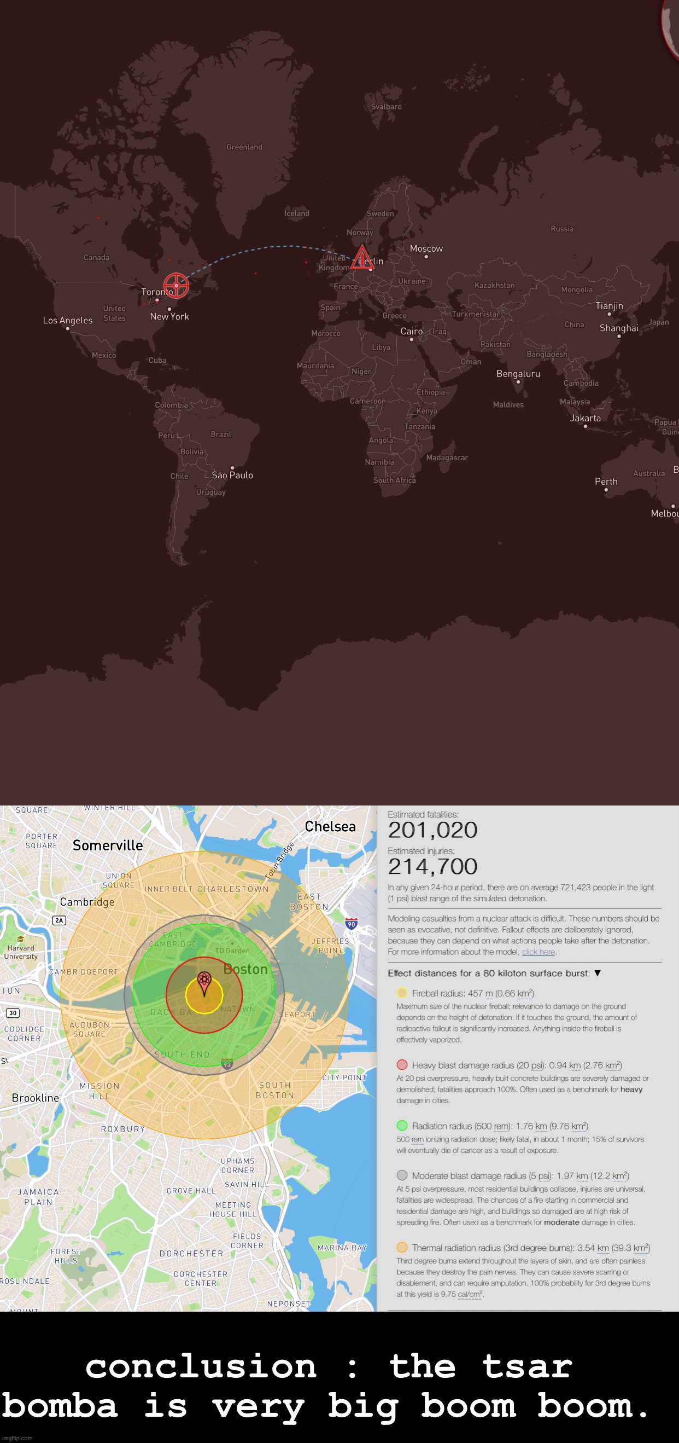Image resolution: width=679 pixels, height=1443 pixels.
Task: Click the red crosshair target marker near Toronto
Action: (x=176, y=286)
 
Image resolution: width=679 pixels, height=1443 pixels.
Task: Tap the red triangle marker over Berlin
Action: (x=362, y=258)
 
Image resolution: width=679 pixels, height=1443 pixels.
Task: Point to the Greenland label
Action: (x=244, y=147)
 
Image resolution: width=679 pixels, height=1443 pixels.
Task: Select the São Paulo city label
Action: (x=232, y=475)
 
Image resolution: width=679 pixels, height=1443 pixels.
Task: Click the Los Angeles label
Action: (x=68, y=321)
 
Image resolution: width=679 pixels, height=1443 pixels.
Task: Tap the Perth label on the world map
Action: (x=606, y=482)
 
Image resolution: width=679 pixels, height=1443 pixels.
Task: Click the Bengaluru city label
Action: (x=518, y=374)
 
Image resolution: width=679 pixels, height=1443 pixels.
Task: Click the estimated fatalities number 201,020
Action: (x=432, y=830)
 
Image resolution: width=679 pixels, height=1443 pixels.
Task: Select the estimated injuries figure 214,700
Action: (x=432, y=867)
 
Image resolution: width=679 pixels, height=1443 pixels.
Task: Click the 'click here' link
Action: (x=538, y=952)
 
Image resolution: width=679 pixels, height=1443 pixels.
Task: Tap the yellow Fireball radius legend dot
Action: (x=401, y=993)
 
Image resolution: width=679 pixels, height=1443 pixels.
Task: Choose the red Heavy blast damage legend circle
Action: (x=401, y=1065)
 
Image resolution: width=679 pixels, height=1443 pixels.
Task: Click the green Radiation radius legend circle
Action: (x=401, y=1126)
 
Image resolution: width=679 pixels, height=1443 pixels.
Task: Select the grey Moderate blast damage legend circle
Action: (x=401, y=1175)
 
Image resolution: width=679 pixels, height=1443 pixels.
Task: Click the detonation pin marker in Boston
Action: (x=204, y=981)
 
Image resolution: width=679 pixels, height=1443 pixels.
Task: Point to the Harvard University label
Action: (x=21, y=952)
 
